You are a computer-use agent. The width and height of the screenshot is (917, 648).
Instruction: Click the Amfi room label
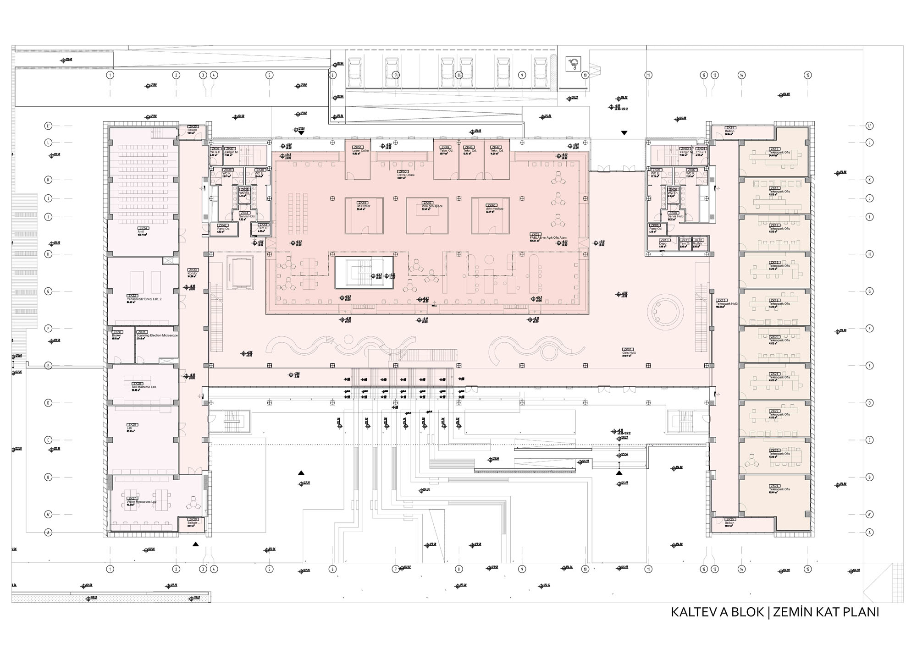[141, 232]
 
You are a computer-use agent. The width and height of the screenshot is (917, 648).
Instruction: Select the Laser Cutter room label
[360, 151]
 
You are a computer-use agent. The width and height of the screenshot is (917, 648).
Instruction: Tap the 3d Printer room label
[363, 206]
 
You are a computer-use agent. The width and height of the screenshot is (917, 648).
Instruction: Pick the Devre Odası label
[406, 175]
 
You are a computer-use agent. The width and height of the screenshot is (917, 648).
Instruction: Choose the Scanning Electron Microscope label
[157, 335]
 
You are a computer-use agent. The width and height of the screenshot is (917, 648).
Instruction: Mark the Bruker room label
[116, 335]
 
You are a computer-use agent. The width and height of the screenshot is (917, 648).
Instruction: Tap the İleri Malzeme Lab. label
[144, 387]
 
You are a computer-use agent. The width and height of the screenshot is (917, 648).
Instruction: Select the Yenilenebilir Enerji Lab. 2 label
[144, 299]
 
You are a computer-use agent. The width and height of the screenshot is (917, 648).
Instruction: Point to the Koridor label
[193, 274]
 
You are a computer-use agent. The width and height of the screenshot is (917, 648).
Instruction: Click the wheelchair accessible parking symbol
[573, 64]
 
